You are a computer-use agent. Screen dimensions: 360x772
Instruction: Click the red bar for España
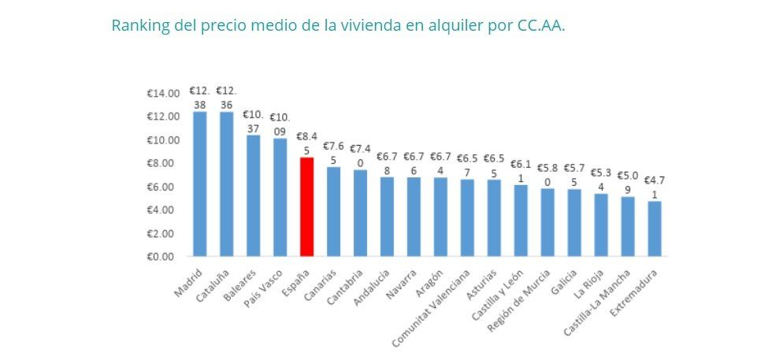(x=306, y=206)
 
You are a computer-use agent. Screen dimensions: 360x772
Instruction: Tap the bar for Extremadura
(x=654, y=228)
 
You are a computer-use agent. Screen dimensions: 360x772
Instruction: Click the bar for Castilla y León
(x=520, y=221)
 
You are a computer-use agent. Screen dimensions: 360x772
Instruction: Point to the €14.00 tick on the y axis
(x=164, y=94)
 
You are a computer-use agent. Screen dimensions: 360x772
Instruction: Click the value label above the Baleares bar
(x=253, y=121)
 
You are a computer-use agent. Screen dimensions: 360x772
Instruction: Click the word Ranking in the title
(x=139, y=25)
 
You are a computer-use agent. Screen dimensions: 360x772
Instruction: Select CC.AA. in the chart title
(x=541, y=25)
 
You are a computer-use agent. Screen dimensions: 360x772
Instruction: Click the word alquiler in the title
(x=452, y=25)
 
